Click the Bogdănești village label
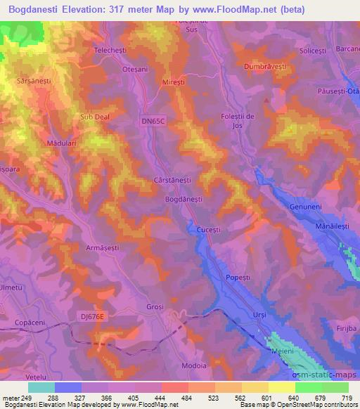coord(184,200)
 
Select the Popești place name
coord(238,278)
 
